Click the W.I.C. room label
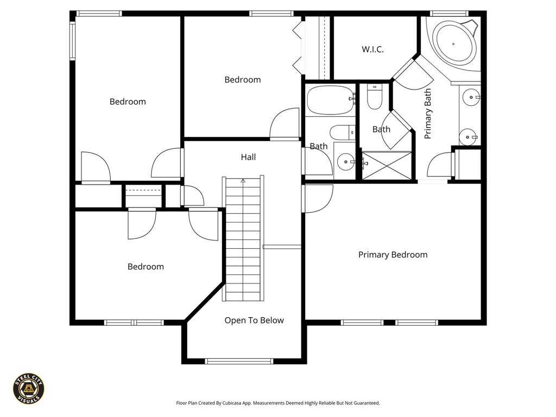point(372,49)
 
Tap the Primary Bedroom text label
point(393,255)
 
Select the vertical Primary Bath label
point(428,113)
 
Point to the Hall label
point(248,157)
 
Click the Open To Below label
point(254,320)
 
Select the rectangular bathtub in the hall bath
point(330,100)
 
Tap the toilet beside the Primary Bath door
point(375,97)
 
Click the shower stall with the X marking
point(387,165)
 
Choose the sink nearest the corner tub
point(470,98)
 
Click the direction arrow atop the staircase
point(243,181)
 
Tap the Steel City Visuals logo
point(28,388)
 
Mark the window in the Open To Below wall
point(239,361)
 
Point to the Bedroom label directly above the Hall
point(242,80)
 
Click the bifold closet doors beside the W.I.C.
point(297,47)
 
